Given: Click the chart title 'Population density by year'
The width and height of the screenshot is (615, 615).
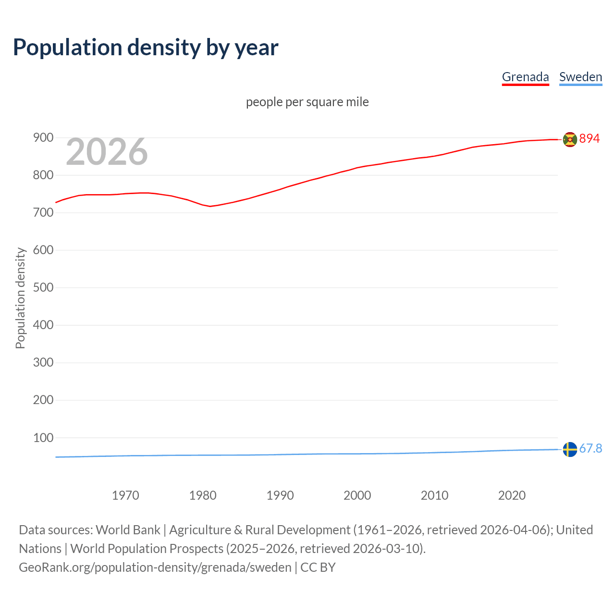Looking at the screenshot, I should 146,48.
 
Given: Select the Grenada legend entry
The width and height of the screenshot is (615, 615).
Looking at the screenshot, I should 525,77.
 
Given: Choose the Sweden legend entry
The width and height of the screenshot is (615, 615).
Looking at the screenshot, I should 580,77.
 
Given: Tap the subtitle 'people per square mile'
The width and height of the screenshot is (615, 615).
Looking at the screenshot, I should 307,102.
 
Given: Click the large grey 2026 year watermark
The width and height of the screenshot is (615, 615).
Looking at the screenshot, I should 107,152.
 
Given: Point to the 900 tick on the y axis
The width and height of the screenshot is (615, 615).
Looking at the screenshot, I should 43,138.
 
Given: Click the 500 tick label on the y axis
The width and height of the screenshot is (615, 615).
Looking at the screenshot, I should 43,288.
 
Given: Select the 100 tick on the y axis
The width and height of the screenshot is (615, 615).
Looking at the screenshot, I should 43,438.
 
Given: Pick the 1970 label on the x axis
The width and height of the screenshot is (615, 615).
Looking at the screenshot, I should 125,495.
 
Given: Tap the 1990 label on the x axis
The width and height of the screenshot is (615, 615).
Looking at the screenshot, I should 280,495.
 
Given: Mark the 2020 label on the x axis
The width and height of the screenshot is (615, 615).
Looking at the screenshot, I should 512,495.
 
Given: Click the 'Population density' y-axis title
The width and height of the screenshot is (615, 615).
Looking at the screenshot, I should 20,298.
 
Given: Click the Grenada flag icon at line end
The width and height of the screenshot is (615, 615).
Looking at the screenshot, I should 570,139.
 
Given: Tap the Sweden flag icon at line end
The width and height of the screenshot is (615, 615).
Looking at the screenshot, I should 570,449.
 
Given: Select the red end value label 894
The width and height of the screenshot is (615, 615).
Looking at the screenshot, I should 590,138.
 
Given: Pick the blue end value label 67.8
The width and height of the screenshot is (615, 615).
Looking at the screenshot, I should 590,448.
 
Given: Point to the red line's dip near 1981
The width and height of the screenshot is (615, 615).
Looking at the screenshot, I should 210,206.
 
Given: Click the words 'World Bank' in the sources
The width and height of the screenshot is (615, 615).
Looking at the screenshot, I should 128,530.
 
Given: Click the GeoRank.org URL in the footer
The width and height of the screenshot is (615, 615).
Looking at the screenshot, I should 155,567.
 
